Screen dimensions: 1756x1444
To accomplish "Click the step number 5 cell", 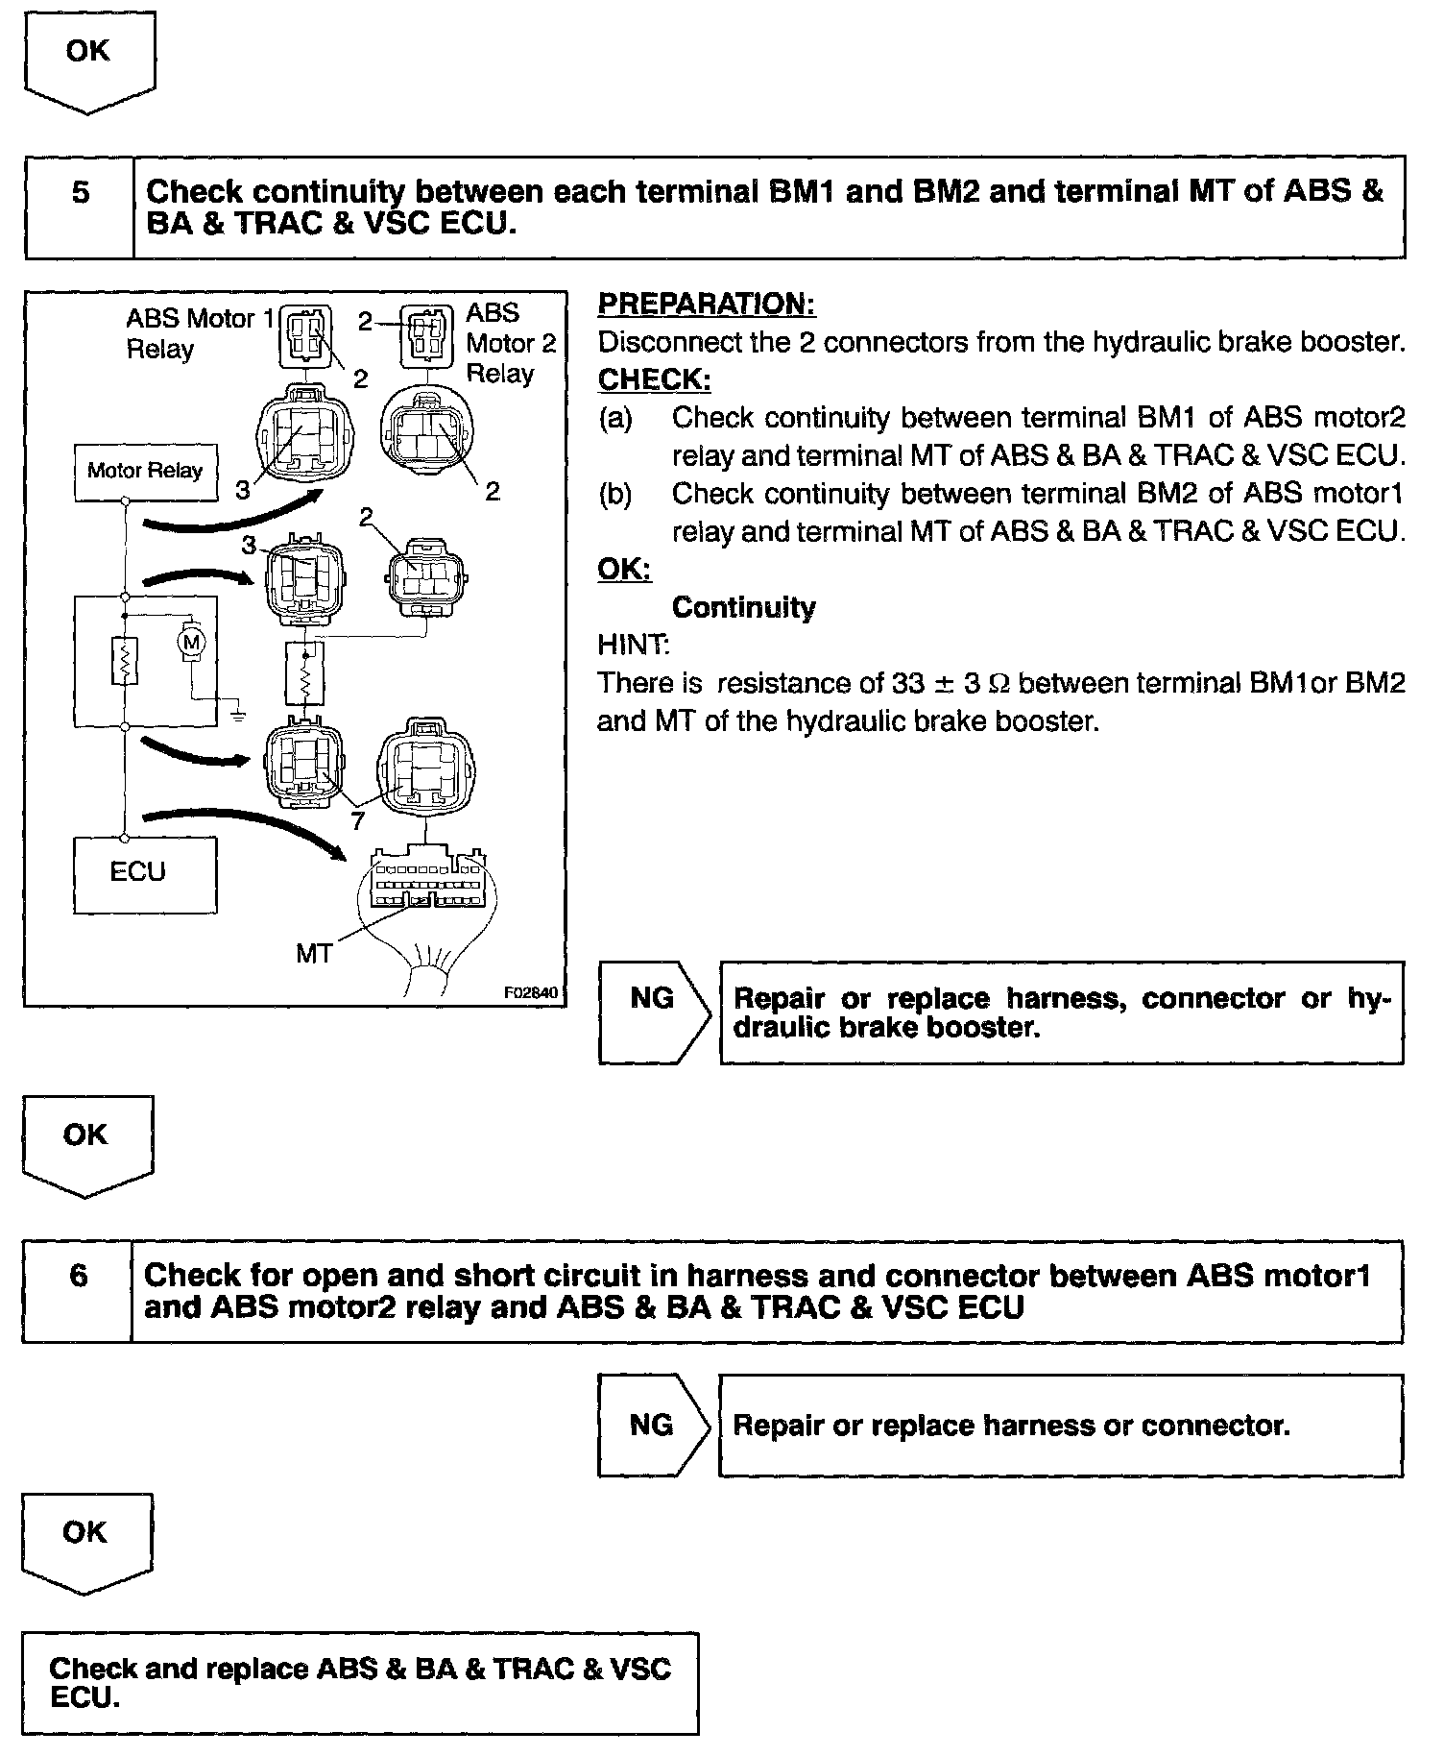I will click(81, 193).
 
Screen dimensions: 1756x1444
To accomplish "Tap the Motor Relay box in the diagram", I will click(145, 471).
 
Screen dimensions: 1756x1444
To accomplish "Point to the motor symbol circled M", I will click(191, 641).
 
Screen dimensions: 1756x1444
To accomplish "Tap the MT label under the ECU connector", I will click(314, 954).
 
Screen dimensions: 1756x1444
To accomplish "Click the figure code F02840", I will click(530, 993).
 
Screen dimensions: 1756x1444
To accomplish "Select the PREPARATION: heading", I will click(707, 305).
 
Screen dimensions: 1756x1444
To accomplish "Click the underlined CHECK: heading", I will click(654, 380).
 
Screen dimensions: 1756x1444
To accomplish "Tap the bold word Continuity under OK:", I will click(743, 608).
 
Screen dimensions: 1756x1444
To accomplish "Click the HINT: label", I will click(634, 646).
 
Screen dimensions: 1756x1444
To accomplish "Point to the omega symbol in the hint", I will click(999, 684).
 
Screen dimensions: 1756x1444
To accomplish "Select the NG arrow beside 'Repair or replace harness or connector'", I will click(653, 1425).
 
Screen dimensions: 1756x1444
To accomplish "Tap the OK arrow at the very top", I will click(88, 60).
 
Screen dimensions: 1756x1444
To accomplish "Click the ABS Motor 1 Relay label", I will click(198, 332).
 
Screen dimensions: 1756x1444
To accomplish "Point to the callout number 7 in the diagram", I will click(357, 819).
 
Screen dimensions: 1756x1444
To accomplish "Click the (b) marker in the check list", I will click(614, 495).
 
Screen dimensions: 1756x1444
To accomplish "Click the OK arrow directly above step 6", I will click(86, 1143).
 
